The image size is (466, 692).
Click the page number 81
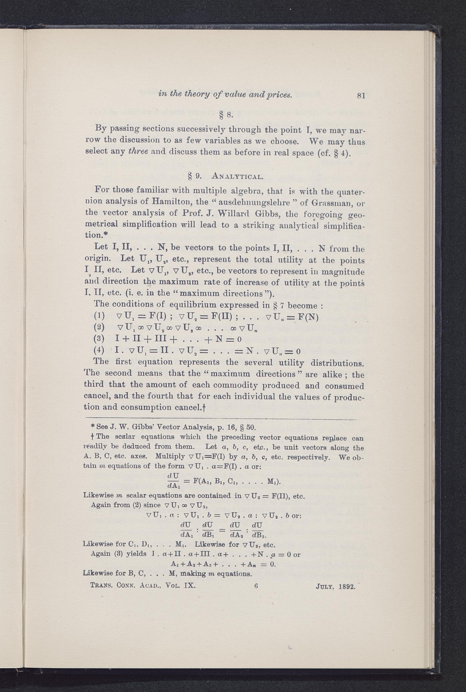(x=361, y=96)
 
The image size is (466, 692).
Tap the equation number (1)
(x=99, y=317)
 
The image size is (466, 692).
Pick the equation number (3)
(x=99, y=339)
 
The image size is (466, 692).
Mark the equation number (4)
(x=99, y=351)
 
